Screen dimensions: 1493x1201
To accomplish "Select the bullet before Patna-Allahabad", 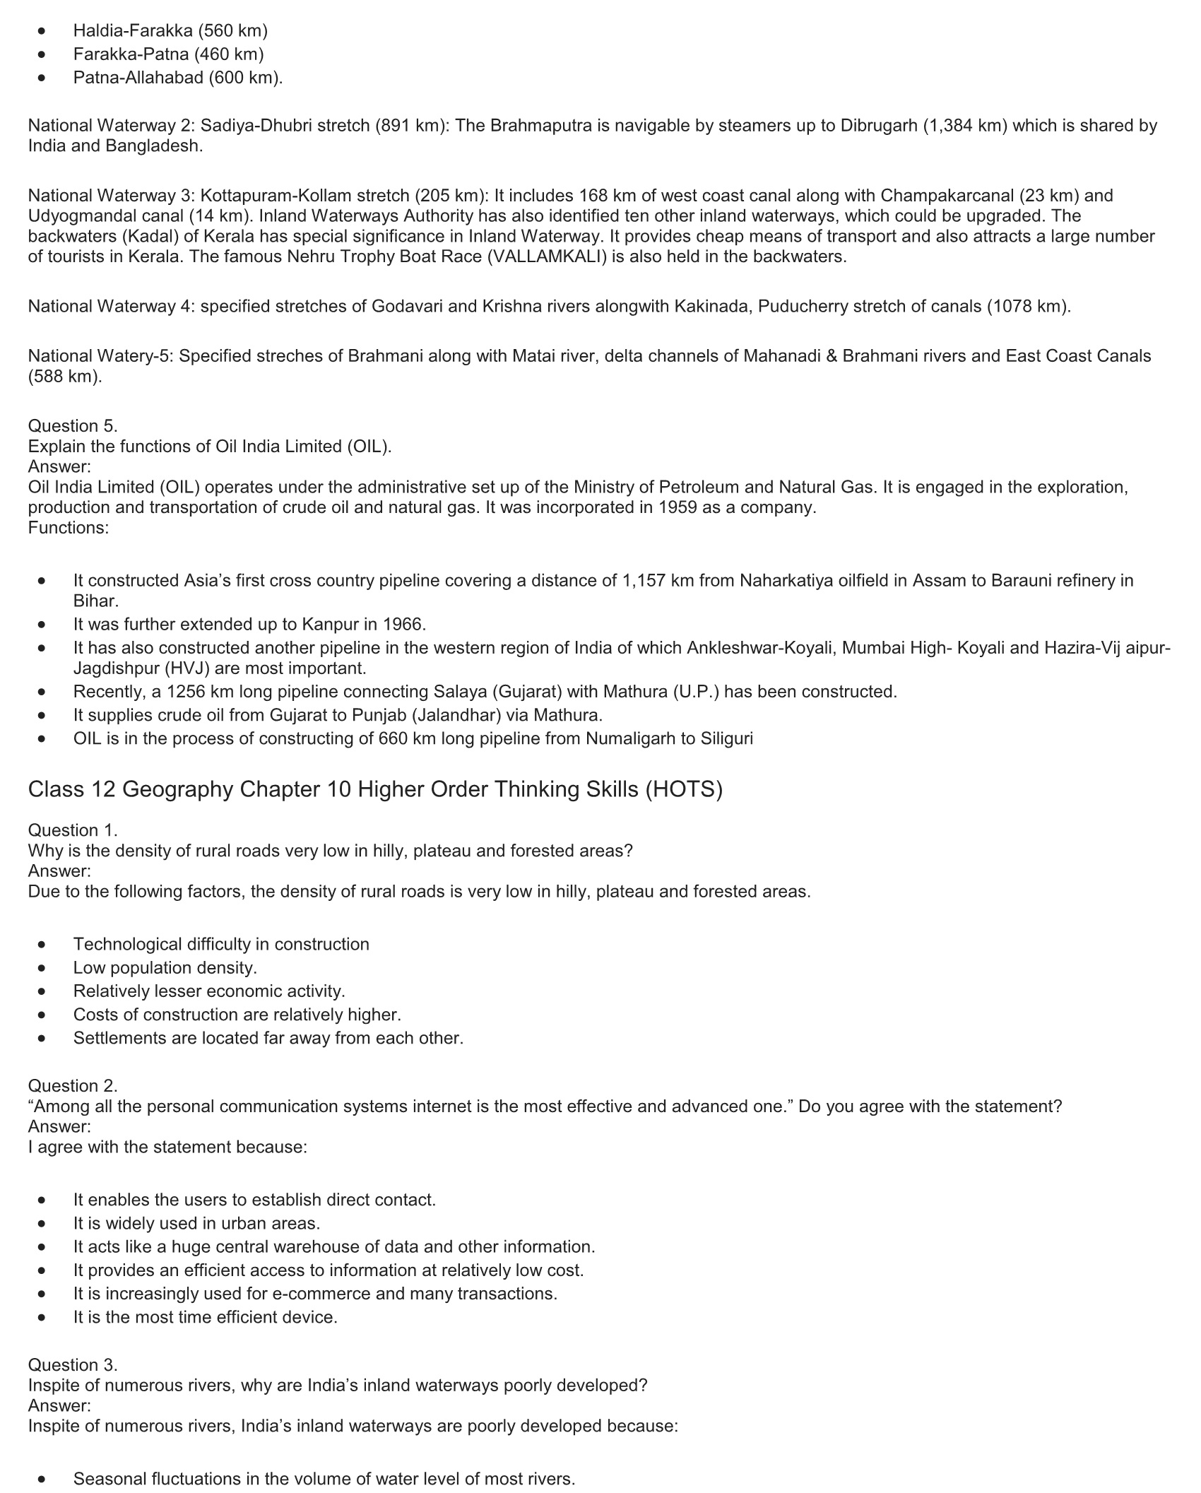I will [x=44, y=78].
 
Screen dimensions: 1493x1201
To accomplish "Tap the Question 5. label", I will [x=73, y=426].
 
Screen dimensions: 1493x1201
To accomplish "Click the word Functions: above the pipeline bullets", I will [x=69, y=528].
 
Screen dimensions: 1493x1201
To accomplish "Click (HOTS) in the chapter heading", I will [x=683, y=789].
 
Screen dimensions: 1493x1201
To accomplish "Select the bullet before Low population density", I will [x=44, y=968].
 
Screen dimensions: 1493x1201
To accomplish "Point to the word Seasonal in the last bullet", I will [x=107, y=1479].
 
